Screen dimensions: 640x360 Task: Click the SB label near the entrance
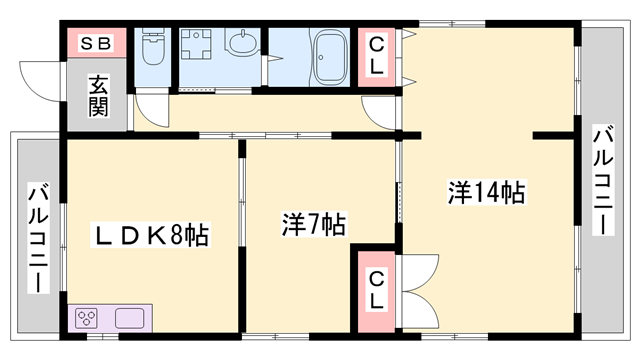[96, 43]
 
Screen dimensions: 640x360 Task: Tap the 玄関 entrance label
[98, 96]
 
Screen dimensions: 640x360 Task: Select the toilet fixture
[152, 47]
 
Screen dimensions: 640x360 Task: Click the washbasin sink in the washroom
[242, 42]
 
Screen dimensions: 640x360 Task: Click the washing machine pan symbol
[196, 44]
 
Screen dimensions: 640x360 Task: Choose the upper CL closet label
[376, 56]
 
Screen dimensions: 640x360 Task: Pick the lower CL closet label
[376, 291]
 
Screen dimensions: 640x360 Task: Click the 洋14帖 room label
[487, 192]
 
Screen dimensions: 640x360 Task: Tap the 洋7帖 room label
[313, 224]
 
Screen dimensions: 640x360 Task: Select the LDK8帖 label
[150, 235]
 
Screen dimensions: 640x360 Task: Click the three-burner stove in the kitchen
[87, 318]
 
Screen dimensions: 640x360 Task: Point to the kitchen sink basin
[129, 318]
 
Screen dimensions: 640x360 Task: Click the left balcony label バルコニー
[38, 238]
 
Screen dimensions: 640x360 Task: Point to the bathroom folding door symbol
[274, 58]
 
